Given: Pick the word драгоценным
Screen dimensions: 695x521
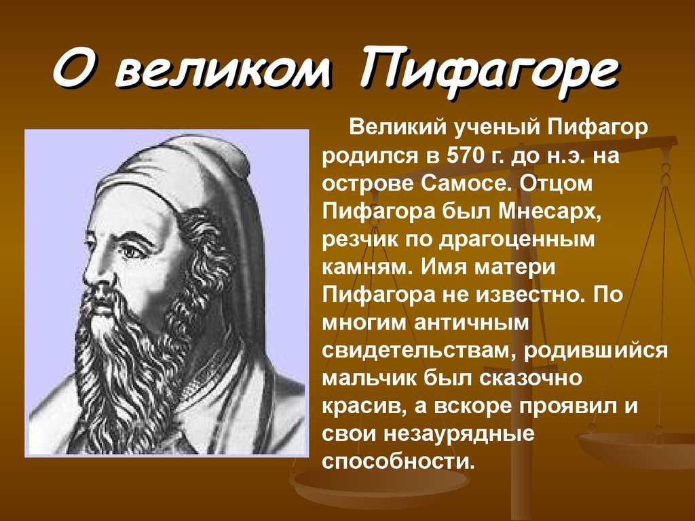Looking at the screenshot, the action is tap(516, 241).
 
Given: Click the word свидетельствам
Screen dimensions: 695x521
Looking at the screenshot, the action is tap(421, 351).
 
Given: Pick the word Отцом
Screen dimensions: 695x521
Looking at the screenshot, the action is tap(556, 184).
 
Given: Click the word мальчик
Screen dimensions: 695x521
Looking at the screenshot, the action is tap(369, 379).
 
